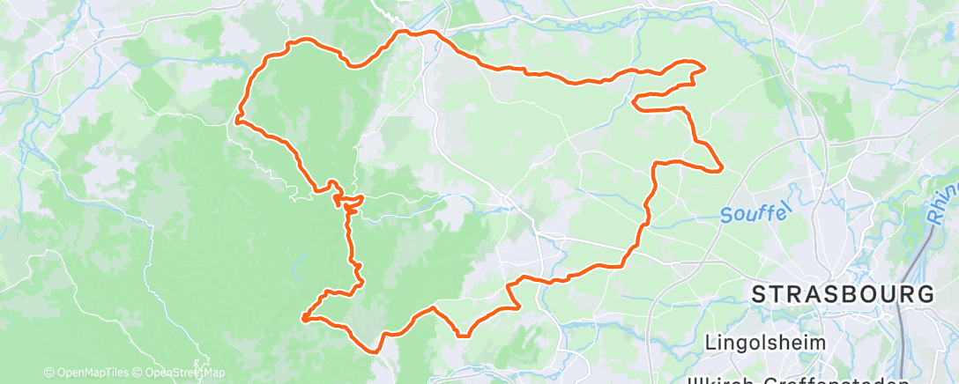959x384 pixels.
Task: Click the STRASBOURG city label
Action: pyautogui.click(x=842, y=295)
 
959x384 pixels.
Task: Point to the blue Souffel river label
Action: pyautogui.click(x=746, y=214)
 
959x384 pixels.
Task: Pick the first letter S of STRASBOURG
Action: pyautogui.click(x=760, y=295)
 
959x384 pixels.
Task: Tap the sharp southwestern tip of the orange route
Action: pyautogui.click(x=302, y=317)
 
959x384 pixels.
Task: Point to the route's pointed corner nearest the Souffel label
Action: pyautogui.click(x=722, y=166)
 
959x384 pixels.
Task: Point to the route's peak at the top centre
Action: pyautogui.click(x=405, y=33)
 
